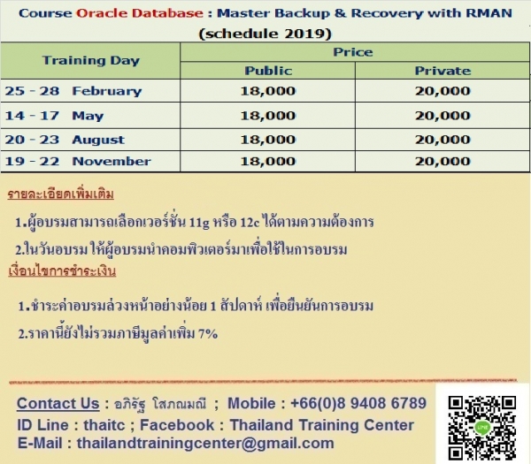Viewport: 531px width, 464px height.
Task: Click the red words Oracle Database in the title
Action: [140, 13]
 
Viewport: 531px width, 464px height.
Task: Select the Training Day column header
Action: [91, 60]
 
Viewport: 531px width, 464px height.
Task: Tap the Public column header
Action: [268, 71]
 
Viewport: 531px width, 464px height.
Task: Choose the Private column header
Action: [443, 71]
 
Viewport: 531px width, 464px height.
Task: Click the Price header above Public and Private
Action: [353, 52]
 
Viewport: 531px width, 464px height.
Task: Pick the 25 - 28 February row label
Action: [73, 91]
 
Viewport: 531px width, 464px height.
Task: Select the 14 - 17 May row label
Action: [54, 116]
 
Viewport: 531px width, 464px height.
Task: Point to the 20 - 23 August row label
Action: [65, 140]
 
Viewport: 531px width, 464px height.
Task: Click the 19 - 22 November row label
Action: [78, 162]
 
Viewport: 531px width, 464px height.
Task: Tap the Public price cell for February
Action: [268, 91]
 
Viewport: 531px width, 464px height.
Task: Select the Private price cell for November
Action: [443, 162]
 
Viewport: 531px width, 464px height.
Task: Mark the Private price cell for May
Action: [443, 116]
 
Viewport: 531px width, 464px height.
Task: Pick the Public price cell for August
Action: [268, 140]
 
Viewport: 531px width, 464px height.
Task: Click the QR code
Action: [482, 427]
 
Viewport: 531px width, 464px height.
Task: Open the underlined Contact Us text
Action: [58, 404]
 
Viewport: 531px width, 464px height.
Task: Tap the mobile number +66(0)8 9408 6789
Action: [358, 403]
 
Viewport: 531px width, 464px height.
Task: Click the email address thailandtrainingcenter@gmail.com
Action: [205, 444]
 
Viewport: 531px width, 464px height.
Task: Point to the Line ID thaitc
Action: [104, 425]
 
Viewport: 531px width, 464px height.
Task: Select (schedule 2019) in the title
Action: [265, 34]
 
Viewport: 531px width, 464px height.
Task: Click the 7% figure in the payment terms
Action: [208, 334]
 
